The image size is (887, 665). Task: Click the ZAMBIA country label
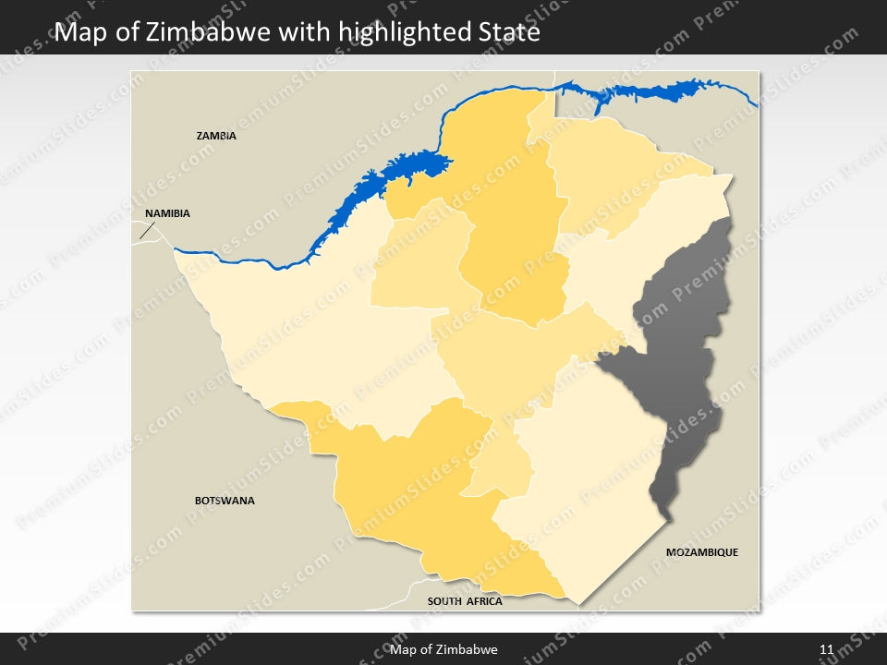[216, 136]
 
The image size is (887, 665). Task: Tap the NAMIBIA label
[167, 213]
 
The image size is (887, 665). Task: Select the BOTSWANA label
[225, 501]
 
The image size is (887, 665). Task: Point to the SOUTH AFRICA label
[465, 601]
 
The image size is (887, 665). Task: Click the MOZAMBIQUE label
[702, 552]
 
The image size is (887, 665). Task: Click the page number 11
[826, 649]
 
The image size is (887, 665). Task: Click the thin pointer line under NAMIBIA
[146, 231]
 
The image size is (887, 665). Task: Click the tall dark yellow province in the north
[508, 231]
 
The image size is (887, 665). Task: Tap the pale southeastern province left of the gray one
[582, 471]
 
